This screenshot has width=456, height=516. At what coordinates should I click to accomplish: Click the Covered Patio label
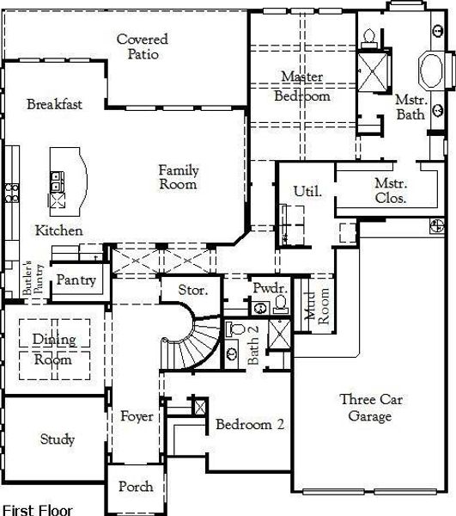click(x=143, y=46)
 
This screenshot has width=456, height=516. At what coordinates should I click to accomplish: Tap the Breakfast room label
click(x=55, y=104)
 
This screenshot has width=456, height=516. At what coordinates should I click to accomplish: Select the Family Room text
click(x=179, y=177)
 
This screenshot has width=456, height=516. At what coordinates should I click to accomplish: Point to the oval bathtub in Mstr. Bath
click(x=431, y=71)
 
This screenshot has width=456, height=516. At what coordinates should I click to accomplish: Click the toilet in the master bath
click(x=368, y=38)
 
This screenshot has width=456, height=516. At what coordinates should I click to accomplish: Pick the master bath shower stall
click(x=373, y=71)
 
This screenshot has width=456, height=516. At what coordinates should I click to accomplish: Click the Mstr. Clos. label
click(x=391, y=191)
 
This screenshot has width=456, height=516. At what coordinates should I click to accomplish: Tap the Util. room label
click(x=307, y=191)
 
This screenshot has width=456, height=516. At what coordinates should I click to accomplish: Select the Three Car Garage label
click(x=371, y=408)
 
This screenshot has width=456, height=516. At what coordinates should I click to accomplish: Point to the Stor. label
click(x=193, y=290)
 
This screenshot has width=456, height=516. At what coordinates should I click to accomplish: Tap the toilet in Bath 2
click(x=235, y=329)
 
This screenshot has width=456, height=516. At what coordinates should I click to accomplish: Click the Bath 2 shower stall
click(x=279, y=334)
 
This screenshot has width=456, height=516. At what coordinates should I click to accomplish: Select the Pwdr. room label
click(x=271, y=288)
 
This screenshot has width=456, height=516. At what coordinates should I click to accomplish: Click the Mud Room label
click(x=317, y=305)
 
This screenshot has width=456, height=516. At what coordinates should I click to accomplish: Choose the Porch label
click(x=136, y=487)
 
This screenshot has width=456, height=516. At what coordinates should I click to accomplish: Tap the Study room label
click(x=58, y=439)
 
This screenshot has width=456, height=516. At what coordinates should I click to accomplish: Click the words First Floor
click(x=37, y=510)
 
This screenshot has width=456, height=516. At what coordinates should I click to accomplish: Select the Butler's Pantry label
click(x=32, y=278)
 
